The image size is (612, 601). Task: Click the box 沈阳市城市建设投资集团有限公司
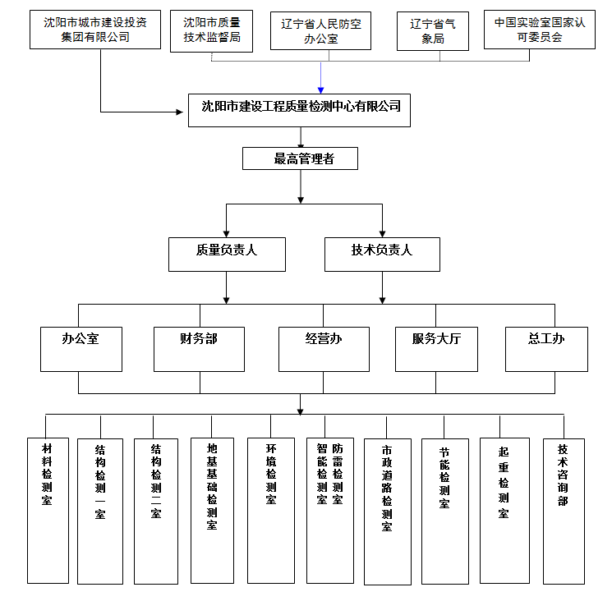95,30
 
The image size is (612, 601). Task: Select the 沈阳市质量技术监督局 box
211,31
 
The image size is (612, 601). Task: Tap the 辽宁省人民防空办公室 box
320,31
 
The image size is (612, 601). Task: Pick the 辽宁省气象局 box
433,31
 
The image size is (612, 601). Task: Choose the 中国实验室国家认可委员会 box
539,30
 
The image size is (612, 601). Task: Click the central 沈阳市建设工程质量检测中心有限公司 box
300,108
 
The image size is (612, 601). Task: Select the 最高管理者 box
300,158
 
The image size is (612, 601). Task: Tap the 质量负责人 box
227,254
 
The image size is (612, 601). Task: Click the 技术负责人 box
382,254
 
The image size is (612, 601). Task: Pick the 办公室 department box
81,348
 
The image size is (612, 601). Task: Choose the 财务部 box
199,348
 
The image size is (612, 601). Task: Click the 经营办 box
323,348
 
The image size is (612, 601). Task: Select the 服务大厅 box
436,348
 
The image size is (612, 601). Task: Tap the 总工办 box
546,348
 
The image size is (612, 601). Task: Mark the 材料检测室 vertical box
48,509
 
